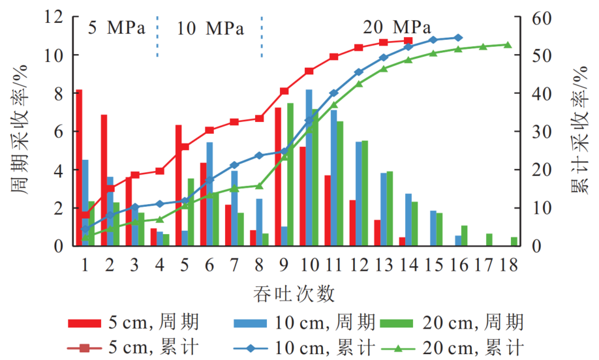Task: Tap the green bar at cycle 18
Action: (514, 241)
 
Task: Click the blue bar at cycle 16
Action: (457, 241)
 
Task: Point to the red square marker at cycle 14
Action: (408, 40)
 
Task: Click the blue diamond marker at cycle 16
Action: (458, 37)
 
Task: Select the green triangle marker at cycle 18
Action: (508, 44)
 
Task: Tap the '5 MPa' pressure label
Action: (116, 27)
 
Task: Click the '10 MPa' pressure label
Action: (210, 27)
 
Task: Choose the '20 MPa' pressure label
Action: (397, 27)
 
